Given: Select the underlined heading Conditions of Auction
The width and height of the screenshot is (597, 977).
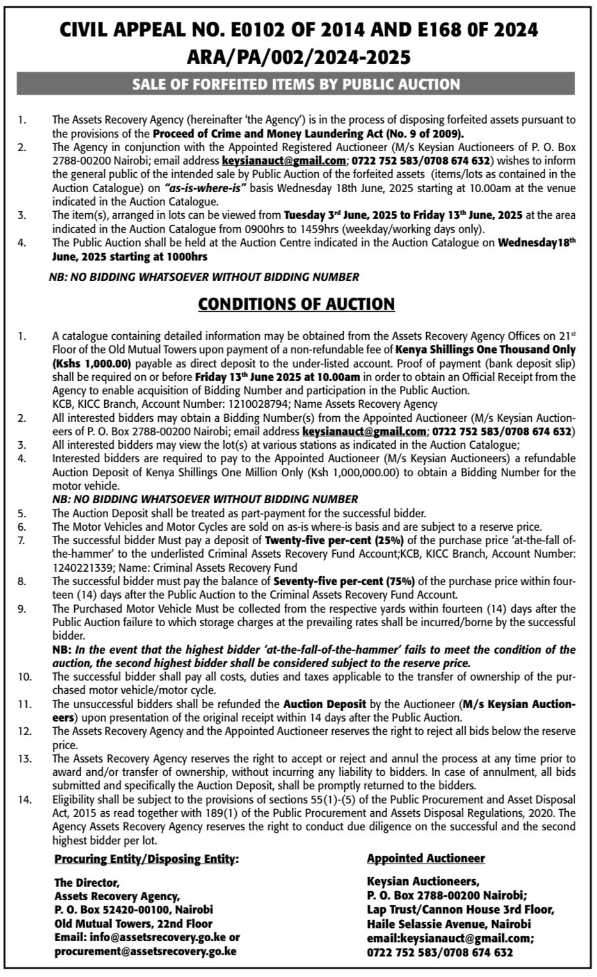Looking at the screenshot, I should pos(296,303).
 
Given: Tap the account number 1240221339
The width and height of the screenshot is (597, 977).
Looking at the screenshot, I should pos(81,567).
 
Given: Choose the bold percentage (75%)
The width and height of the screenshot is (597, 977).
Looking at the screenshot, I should pos(394,581).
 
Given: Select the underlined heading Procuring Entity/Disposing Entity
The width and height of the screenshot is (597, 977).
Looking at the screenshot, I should pos(147,858).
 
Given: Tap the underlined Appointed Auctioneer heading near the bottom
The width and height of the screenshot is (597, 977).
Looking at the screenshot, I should pos(426,858).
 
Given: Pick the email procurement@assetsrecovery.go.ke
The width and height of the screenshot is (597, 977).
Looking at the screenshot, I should pos(145,951).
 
